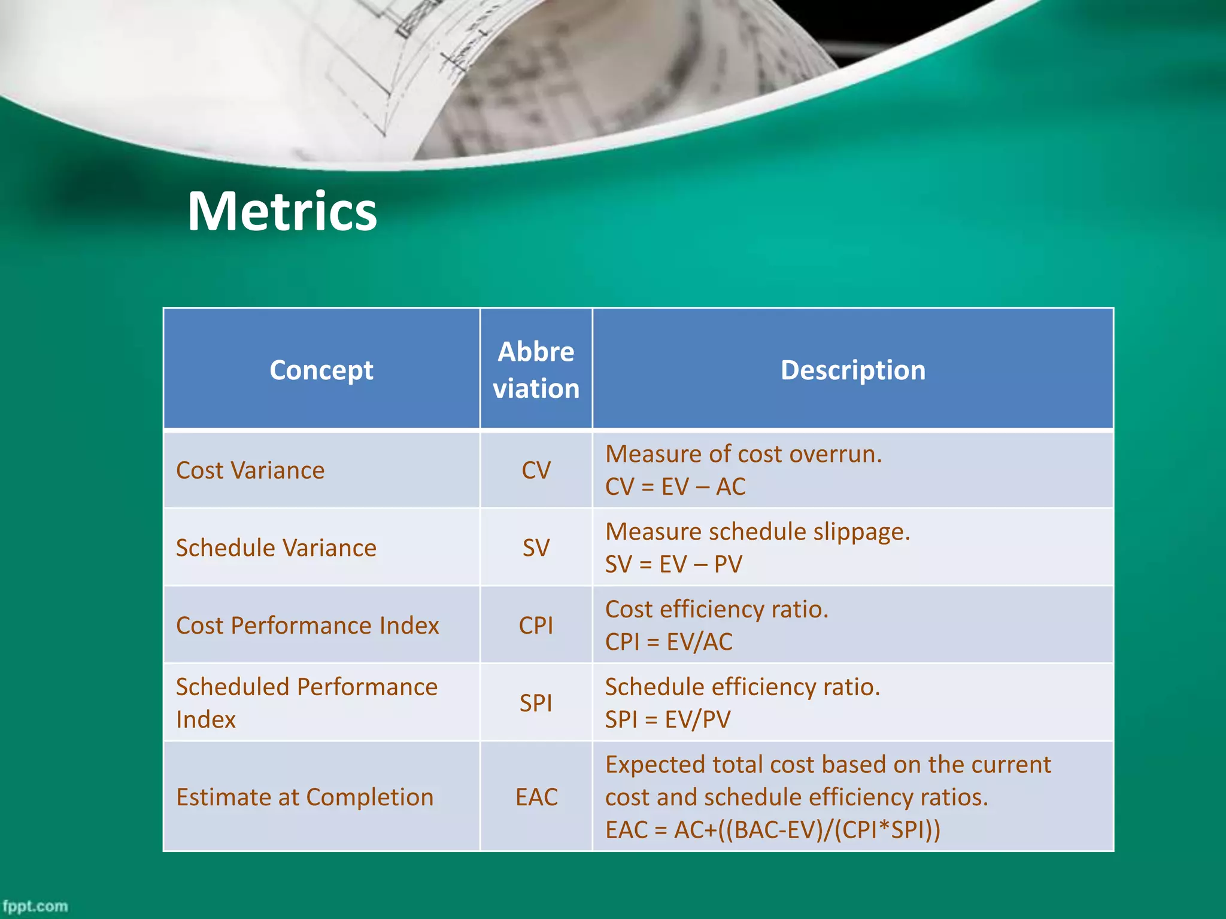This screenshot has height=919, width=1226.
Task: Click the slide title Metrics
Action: click(282, 211)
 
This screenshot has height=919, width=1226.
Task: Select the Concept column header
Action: click(321, 370)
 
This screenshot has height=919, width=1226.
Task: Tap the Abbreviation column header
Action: click(536, 370)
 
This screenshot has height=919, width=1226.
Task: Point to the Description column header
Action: click(852, 370)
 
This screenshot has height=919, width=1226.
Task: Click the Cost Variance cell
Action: click(250, 470)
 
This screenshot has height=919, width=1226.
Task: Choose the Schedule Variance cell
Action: click(276, 548)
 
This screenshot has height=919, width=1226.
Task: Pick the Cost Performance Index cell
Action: click(307, 626)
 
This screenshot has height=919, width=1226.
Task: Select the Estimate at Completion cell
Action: click(305, 797)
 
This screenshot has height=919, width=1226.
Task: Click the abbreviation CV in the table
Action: click(536, 470)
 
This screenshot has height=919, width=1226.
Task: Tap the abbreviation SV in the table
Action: click(536, 548)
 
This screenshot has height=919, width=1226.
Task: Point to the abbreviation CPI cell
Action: click(536, 626)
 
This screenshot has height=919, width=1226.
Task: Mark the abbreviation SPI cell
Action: click(536, 703)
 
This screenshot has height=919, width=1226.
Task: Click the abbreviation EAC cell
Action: click(536, 797)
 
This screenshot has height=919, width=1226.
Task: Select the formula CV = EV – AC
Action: click(675, 486)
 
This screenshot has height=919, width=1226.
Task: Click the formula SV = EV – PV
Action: click(673, 564)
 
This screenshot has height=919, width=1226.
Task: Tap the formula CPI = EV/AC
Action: click(669, 642)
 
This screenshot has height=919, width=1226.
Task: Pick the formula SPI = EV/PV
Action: click(667, 719)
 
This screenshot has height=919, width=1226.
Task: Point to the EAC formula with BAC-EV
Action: click(772, 830)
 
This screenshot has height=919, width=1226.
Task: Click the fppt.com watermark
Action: click(35, 906)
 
